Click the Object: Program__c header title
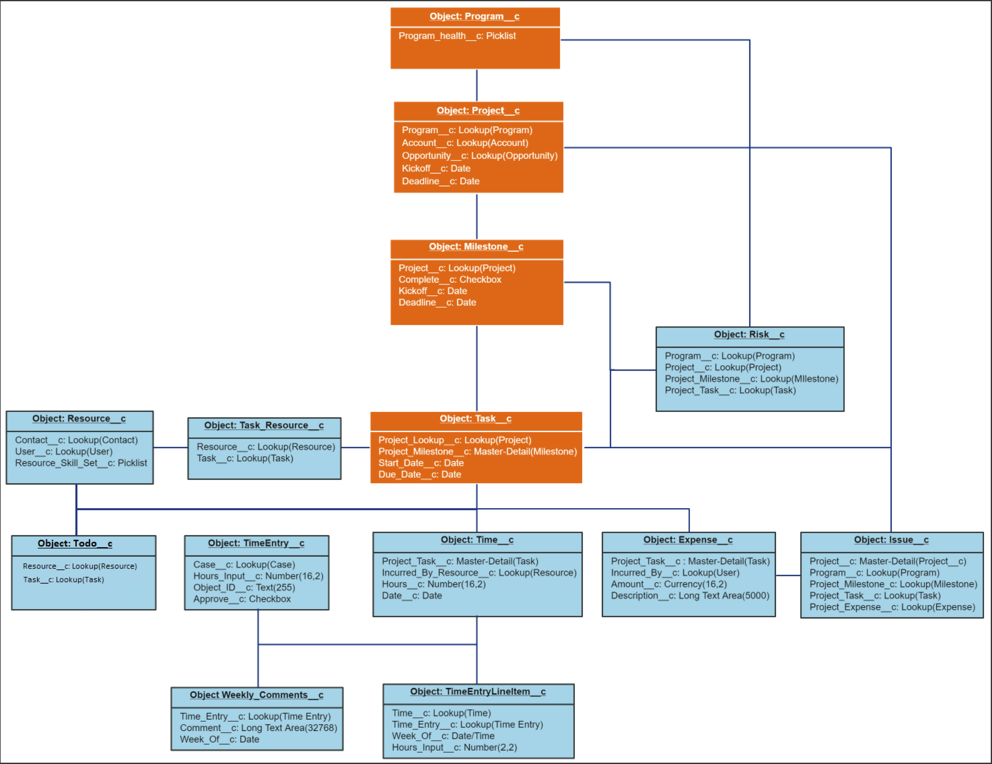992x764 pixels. point(474,16)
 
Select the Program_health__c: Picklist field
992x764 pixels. point(457,36)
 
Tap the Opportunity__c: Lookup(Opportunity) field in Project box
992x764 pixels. point(479,156)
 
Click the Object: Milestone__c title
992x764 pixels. point(476,247)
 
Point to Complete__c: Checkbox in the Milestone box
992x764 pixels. point(450,280)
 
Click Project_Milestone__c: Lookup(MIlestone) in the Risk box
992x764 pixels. point(751,379)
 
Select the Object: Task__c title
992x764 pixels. point(475,419)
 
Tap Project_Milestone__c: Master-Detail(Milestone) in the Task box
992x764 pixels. point(477,452)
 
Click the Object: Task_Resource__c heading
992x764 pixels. point(264,426)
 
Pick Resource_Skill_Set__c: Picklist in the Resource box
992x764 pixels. point(81,463)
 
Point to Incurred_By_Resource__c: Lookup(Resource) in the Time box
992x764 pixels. point(479,573)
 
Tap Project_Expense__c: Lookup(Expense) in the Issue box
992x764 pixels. point(892,607)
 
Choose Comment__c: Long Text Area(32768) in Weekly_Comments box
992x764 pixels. point(258,728)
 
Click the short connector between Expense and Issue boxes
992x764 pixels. point(788,575)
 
